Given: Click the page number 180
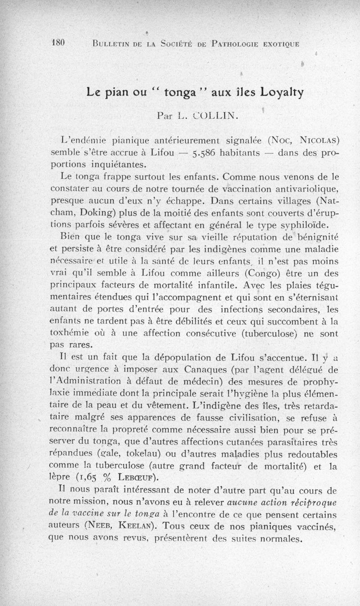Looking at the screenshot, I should point(59,43).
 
